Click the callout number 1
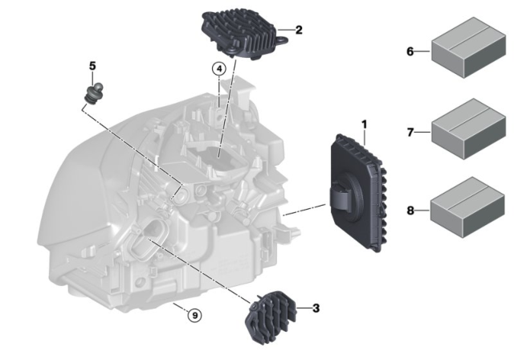tap(364, 125)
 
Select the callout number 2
tap(299, 31)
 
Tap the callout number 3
tap(316, 308)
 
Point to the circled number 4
tap(218, 70)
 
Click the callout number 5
tap(92, 65)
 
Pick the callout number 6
tap(410, 51)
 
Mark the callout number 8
tap(410, 211)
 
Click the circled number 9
tap(193, 314)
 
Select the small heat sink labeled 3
tap(271, 312)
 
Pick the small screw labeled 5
tap(95, 89)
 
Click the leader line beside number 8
tap(422, 211)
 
